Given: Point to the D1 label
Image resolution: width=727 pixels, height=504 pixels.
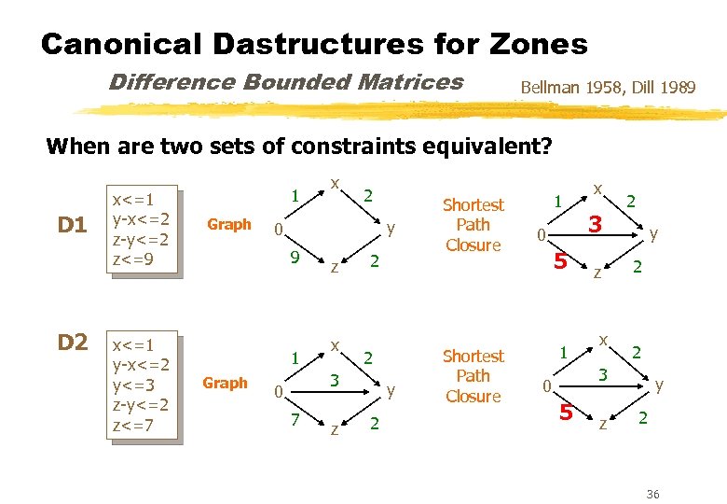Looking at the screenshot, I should (x=73, y=225).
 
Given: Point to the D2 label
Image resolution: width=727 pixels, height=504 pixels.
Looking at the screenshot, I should (x=73, y=343).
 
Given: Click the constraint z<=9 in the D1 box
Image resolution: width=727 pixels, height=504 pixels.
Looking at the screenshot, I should (x=132, y=259).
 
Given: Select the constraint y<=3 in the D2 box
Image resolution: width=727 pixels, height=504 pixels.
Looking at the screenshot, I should (x=132, y=382).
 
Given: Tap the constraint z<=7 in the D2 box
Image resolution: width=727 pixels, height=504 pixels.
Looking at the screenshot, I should (x=132, y=426).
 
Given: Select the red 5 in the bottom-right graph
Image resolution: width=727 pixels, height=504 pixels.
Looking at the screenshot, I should (x=565, y=412).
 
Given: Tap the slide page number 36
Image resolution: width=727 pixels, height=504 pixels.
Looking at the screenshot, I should (x=652, y=494).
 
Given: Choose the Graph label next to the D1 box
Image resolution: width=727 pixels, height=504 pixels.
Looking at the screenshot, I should (x=229, y=224).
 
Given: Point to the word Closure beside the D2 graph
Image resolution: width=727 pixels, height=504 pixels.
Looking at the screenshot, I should (x=473, y=396).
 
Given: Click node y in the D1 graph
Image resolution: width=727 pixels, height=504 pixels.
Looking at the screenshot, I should (x=392, y=227).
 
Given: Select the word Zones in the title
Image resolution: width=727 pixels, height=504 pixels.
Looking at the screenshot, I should (x=542, y=44).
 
